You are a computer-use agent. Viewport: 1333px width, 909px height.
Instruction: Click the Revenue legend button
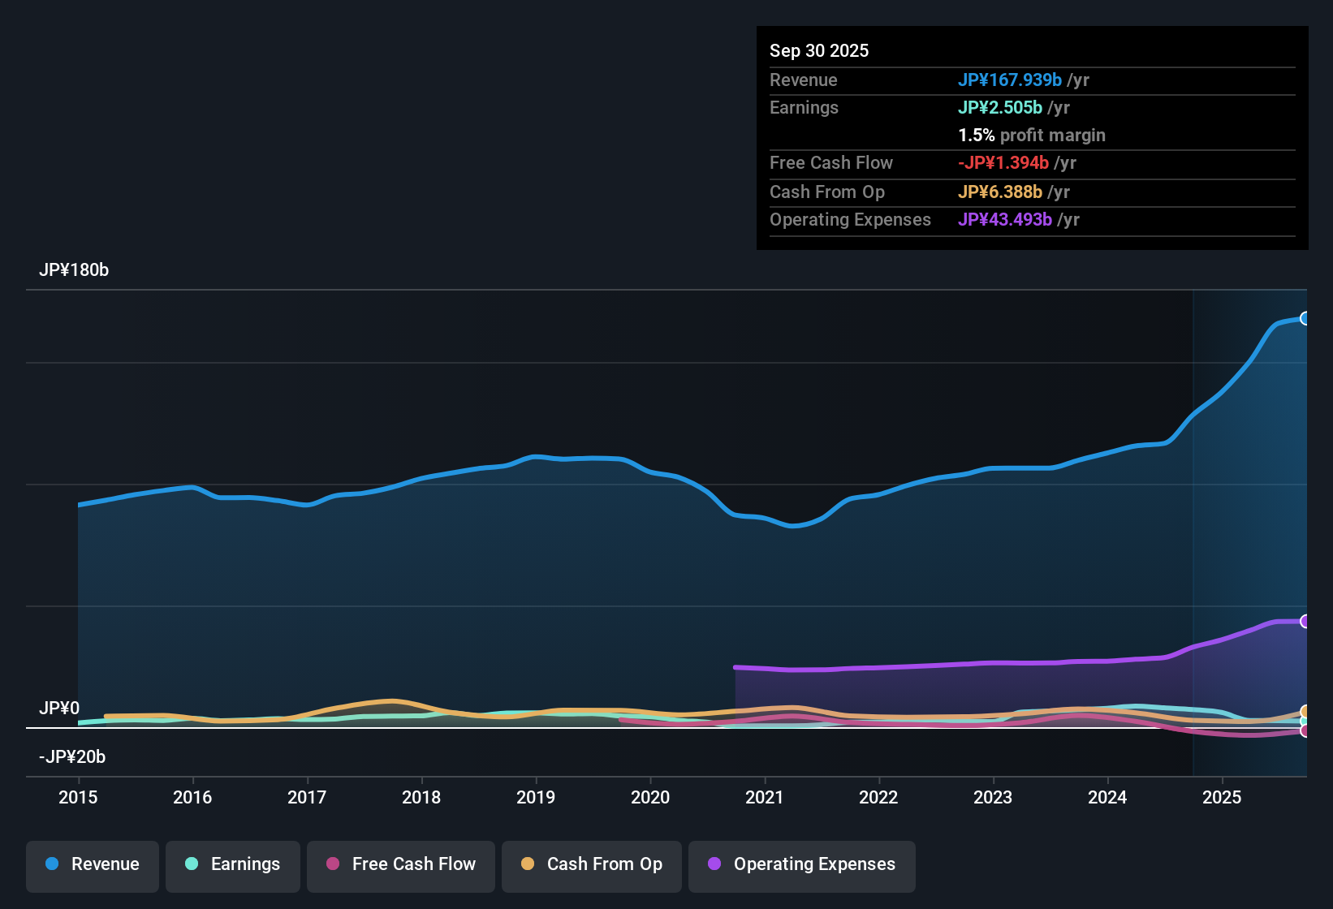tap(93, 864)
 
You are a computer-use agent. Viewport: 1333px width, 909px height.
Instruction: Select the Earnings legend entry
tap(233, 864)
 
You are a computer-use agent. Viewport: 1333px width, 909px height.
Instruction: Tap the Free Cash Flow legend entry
tap(401, 864)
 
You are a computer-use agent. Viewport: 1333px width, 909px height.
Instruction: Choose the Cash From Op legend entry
tap(592, 864)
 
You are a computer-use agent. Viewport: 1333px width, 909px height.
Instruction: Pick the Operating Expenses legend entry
tap(802, 864)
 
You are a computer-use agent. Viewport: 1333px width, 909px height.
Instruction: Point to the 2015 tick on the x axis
tap(78, 797)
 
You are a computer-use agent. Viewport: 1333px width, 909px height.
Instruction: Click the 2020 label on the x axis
tap(650, 797)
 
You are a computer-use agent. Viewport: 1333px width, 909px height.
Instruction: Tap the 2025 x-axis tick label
tap(1222, 797)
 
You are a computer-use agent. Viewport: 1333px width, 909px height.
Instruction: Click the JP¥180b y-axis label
tap(74, 270)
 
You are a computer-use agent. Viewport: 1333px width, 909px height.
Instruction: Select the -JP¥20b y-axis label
tap(72, 757)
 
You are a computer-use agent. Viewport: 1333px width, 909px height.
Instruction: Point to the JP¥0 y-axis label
tap(59, 709)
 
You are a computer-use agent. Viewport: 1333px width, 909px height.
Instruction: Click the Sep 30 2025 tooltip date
tap(819, 51)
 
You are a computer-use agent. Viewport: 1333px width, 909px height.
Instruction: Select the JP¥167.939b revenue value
tap(1009, 80)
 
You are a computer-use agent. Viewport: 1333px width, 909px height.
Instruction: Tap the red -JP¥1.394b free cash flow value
tap(1003, 163)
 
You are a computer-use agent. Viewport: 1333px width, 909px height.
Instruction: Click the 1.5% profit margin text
tap(1032, 136)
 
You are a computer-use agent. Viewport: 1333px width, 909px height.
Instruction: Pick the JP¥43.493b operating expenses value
tap(1004, 220)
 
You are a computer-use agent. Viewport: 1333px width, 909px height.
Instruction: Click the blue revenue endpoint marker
tap(1305, 318)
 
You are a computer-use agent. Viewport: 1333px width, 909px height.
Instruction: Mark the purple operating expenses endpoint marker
tap(1305, 621)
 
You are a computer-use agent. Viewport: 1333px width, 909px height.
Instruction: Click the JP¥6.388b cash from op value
tap(999, 192)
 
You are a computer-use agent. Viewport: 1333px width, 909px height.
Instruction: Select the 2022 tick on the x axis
tap(878, 797)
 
